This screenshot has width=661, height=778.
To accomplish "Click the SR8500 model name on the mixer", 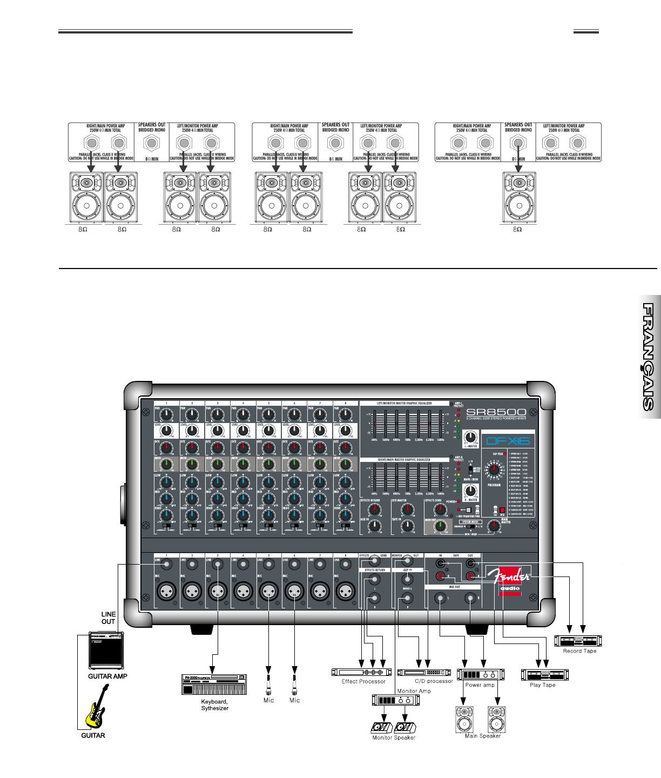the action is pyautogui.click(x=496, y=412).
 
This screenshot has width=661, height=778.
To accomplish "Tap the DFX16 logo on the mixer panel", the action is pyautogui.click(x=508, y=441).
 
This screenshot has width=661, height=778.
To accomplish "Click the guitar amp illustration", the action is pyautogui.click(x=106, y=651).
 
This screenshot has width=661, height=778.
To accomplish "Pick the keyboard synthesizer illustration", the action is pyautogui.click(x=214, y=685).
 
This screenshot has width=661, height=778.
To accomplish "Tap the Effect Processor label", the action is pyautogui.click(x=363, y=682).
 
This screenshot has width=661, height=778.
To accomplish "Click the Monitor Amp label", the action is pyautogui.click(x=414, y=691).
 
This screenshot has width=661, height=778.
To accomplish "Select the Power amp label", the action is pyautogui.click(x=480, y=685).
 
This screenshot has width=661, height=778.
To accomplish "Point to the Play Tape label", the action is pyautogui.click(x=542, y=685).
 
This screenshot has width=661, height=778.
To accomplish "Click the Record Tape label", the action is pyautogui.click(x=579, y=651).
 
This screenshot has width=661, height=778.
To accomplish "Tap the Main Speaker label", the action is pyautogui.click(x=482, y=736).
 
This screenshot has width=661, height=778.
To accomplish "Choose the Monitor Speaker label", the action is pyautogui.click(x=394, y=737).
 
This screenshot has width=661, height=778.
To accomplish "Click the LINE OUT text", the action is pyautogui.click(x=109, y=618).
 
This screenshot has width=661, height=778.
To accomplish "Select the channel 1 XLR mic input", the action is pyautogui.click(x=166, y=592).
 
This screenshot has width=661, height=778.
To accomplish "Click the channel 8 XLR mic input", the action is pyautogui.click(x=346, y=592).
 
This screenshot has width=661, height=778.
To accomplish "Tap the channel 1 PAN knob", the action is pyautogui.click(x=166, y=414).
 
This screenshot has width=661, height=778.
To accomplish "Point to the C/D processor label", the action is pyautogui.click(x=434, y=681).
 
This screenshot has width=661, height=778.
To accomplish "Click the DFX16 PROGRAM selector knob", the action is pyautogui.click(x=494, y=470).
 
